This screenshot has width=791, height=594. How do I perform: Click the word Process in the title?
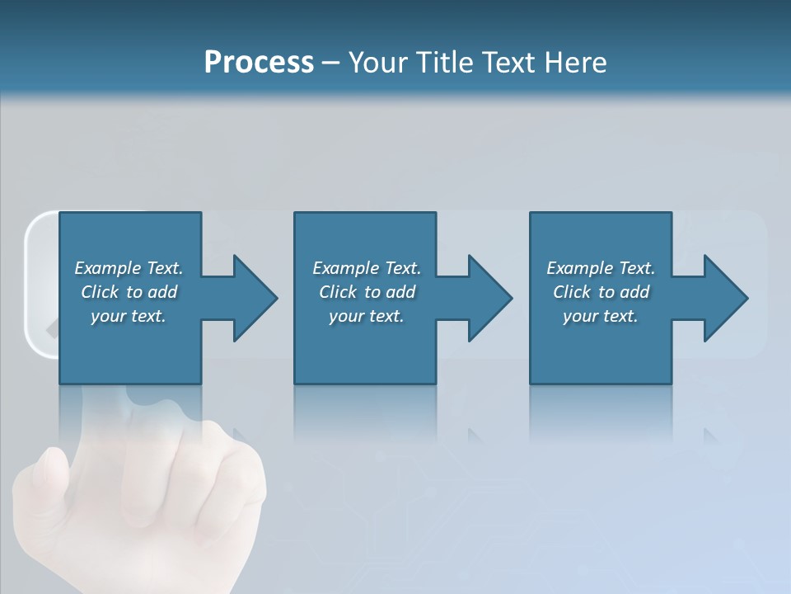pyautogui.click(x=259, y=63)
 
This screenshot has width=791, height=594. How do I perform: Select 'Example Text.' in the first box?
pyautogui.click(x=129, y=268)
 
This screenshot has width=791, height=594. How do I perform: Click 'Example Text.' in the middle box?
pyautogui.click(x=367, y=268)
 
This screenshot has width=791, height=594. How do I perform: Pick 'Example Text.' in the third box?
pyautogui.click(x=601, y=268)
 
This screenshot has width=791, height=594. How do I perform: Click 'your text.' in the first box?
pyautogui.click(x=129, y=316)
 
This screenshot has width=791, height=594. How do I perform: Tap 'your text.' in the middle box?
pyautogui.click(x=367, y=316)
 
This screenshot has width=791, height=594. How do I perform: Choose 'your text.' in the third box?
pyautogui.click(x=601, y=316)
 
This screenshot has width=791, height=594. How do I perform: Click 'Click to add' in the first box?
pyautogui.click(x=129, y=292)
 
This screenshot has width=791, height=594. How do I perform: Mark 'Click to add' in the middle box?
pyautogui.click(x=367, y=292)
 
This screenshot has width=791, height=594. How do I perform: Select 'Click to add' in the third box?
pyautogui.click(x=601, y=292)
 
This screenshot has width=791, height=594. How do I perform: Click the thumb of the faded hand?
pyautogui.click(x=45, y=478)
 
